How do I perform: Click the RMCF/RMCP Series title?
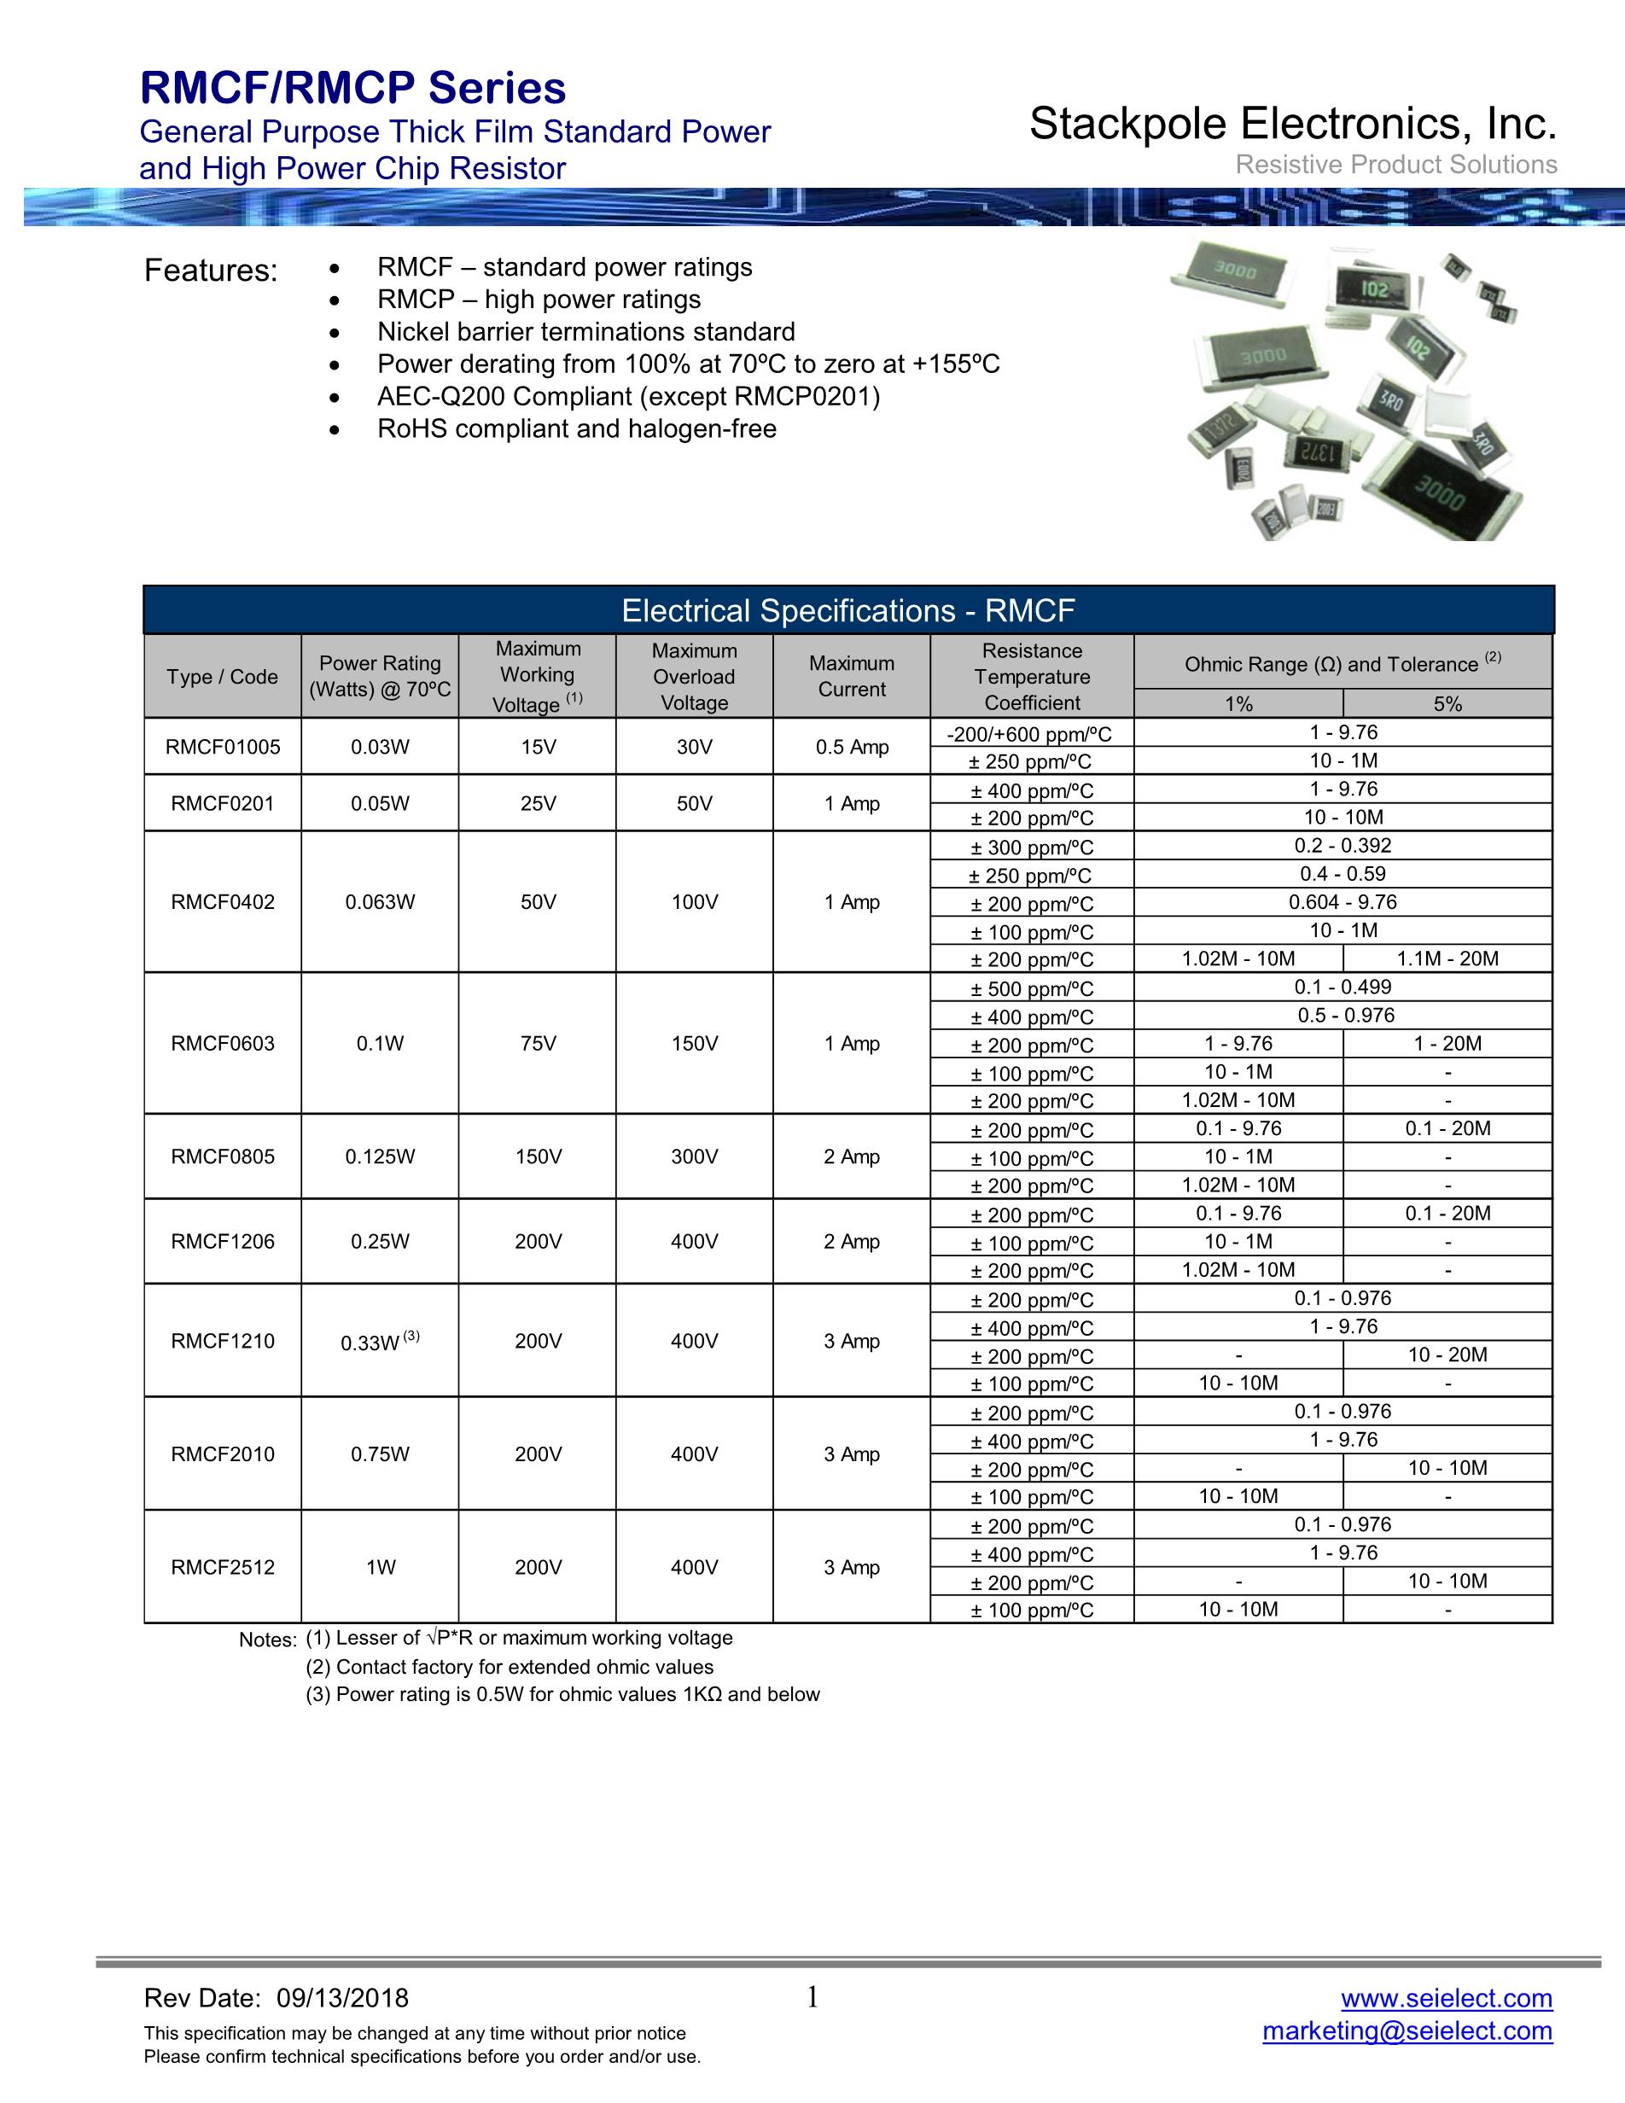coord(353,89)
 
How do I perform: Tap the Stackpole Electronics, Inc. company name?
coord(1293,125)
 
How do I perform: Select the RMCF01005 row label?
coord(223,747)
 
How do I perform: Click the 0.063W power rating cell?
coord(381,902)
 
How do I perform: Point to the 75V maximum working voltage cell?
coord(539,1044)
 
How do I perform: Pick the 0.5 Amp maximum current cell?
coord(852,747)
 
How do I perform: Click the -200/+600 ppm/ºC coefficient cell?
coord(1029,735)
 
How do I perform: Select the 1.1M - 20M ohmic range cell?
coord(1447,959)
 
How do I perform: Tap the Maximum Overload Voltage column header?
coord(694,677)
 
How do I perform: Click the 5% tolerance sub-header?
coord(1447,704)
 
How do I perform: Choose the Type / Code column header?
coord(223,677)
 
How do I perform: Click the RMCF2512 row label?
coord(223,1568)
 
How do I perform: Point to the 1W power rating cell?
coord(381,1568)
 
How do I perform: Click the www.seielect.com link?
coord(1446,1998)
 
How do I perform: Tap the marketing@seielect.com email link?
coord(1407,2030)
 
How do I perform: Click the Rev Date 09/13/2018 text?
coord(277,1999)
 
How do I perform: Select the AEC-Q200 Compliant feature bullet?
coord(627,397)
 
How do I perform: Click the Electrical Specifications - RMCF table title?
coord(848,611)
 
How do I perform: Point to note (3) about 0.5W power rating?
coord(562,1695)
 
